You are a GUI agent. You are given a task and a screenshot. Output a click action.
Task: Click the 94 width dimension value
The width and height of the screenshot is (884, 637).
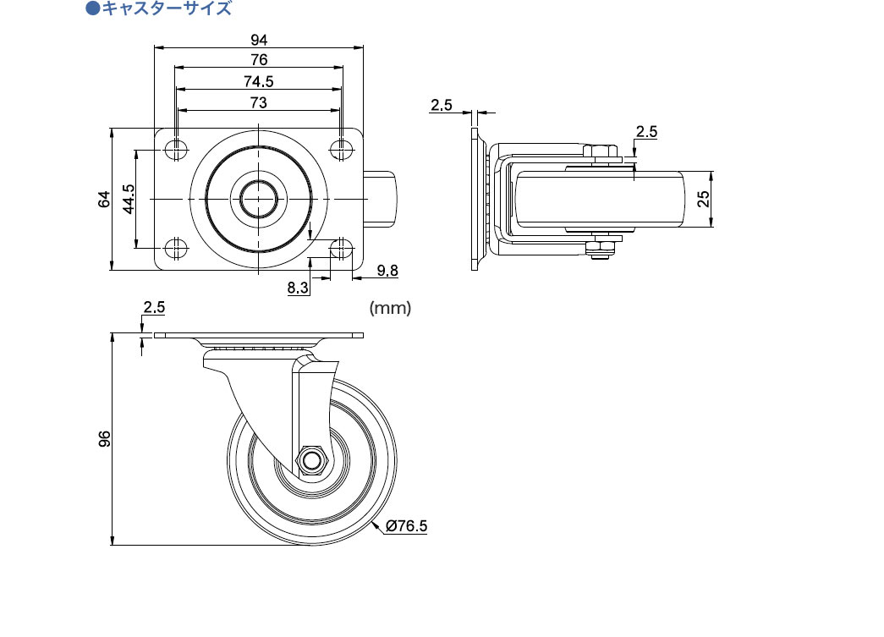(259, 39)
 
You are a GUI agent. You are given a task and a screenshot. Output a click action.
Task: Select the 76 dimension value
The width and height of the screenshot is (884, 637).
(259, 59)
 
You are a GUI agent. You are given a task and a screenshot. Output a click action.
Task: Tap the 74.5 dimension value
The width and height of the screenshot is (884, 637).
(259, 81)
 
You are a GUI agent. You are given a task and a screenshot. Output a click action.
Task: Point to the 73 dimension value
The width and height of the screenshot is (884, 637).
(259, 102)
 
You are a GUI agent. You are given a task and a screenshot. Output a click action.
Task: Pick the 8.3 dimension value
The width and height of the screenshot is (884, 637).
(299, 288)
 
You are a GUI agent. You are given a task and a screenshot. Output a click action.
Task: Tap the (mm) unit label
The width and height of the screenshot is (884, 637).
(390, 309)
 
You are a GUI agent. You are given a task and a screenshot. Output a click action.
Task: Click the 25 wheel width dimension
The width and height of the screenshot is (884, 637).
(703, 200)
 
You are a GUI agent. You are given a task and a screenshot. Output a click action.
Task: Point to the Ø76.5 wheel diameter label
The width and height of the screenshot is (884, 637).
(406, 526)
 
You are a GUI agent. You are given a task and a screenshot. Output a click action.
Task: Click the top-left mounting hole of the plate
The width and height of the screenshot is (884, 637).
(176, 149)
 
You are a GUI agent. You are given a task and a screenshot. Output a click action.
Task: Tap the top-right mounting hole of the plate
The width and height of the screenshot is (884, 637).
(341, 149)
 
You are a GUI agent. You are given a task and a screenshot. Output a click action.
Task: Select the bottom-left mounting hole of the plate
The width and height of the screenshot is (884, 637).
(176, 250)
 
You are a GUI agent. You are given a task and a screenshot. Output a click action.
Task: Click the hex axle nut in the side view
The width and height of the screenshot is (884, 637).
(311, 460)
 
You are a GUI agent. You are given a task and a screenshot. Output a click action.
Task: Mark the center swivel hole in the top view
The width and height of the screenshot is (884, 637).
(258, 199)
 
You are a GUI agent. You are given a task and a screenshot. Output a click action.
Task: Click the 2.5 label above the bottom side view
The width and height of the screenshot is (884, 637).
(154, 308)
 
